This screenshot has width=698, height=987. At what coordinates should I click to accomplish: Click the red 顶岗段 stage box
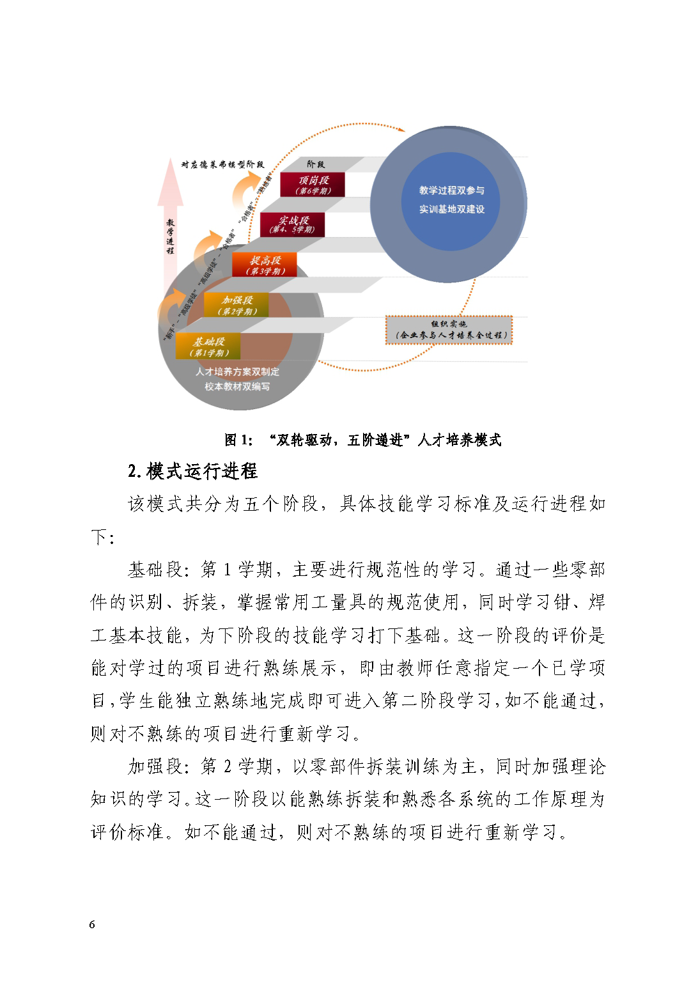313,185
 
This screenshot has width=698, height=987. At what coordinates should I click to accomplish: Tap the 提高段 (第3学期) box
265,265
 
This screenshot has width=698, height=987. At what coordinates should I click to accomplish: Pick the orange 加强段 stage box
237,305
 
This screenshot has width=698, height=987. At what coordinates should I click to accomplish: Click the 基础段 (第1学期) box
208,346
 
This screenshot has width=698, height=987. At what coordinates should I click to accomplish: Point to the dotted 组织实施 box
450,330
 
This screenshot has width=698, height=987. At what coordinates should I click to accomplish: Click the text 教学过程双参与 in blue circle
451,190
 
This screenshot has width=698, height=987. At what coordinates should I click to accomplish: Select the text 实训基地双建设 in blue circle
451,209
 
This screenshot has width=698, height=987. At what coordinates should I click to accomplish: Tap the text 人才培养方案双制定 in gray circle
237,371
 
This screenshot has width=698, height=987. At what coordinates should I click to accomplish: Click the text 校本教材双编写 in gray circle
237,387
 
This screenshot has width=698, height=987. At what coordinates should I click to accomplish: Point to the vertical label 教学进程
170,237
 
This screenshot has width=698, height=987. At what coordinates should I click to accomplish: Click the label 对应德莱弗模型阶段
222,164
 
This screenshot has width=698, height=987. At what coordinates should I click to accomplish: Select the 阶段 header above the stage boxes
316,164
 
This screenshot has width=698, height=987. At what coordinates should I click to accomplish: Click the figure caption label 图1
239,440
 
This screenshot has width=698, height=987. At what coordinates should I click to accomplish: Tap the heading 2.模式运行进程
192,472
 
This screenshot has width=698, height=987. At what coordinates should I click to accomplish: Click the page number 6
93,925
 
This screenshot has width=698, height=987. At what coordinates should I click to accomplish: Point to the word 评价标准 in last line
128,832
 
